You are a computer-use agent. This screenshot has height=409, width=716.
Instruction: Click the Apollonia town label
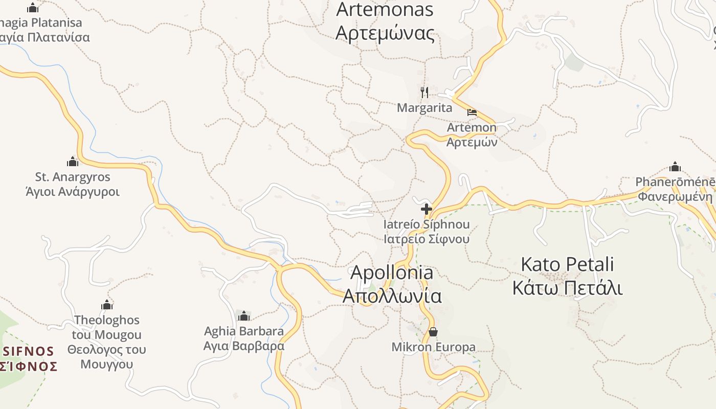click(x=392, y=284)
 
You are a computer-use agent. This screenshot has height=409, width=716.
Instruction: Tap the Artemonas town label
click(x=385, y=21)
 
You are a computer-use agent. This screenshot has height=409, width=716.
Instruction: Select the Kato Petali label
click(x=567, y=276)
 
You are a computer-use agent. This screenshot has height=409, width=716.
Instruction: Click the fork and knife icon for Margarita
click(x=424, y=93)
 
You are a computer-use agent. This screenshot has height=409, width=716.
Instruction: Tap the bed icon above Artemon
click(x=472, y=112)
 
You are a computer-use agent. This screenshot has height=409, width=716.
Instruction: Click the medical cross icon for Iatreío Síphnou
click(x=426, y=209)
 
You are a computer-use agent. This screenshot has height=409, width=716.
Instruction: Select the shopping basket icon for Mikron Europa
click(x=433, y=332)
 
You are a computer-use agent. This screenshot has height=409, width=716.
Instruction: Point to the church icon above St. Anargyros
click(x=73, y=162)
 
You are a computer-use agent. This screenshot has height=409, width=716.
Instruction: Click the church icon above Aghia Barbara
click(x=244, y=316)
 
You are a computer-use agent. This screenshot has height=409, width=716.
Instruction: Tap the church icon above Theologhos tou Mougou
click(x=107, y=305)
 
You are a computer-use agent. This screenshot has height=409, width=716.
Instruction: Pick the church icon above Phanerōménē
click(x=675, y=167)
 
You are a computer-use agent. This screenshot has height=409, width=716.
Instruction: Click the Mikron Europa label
click(x=433, y=347)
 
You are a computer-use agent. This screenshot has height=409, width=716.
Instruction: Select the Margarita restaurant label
click(x=424, y=108)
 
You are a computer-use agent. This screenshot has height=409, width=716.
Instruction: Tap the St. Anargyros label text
click(x=73, y=185)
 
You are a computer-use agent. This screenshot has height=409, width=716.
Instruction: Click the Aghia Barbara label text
click(x=244, y=338)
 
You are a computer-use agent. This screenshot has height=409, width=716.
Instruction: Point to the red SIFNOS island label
click(x=29, y=358)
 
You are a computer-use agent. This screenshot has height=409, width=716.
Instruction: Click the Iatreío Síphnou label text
click(x=427, y=232)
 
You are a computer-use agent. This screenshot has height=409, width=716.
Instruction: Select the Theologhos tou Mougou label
click(x=107, y=342)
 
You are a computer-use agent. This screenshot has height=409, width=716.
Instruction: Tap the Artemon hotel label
click(x=472, y=134)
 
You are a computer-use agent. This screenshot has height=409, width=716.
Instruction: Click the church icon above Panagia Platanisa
click(x=33, y=8)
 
